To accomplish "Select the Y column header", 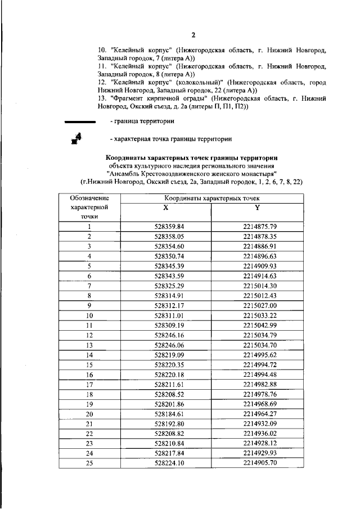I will tap(257, 207).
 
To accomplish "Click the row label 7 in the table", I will tap(89, 285).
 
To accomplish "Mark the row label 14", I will tap(89, 355).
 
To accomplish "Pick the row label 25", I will tap(89, 463).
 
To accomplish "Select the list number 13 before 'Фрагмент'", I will tap(102, 98).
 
